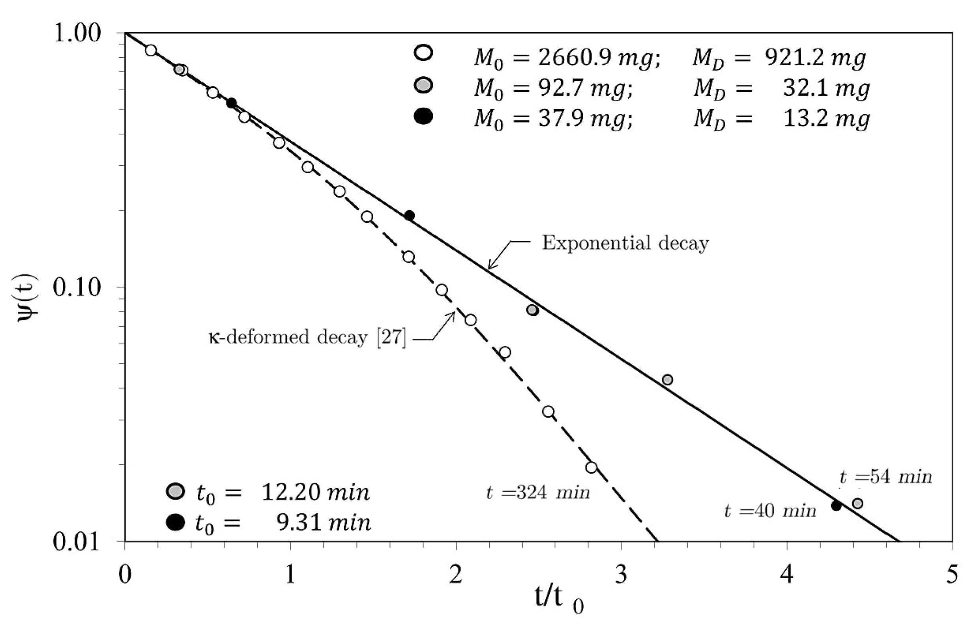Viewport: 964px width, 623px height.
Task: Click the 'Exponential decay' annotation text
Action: point(625,244)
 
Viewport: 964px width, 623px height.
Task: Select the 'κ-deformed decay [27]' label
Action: point(307,337)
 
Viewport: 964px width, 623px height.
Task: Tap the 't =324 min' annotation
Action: point(538,493)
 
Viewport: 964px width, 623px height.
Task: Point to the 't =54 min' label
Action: point(885,478)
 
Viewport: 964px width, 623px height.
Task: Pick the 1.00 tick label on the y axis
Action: point(77,33)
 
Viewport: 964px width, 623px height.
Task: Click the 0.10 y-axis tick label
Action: point(77,287)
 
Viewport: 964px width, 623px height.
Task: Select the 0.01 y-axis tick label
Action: point(77,542)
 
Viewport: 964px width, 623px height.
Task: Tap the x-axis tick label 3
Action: point(621,575)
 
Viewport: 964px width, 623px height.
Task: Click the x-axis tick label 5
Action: point(952,575)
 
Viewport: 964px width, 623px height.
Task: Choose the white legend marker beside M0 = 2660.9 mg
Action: point(423,53)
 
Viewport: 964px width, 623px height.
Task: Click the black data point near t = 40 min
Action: point(836,505)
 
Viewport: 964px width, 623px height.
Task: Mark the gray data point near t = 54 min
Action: point(857,504)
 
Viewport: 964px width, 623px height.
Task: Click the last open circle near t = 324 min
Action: point(591,468)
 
